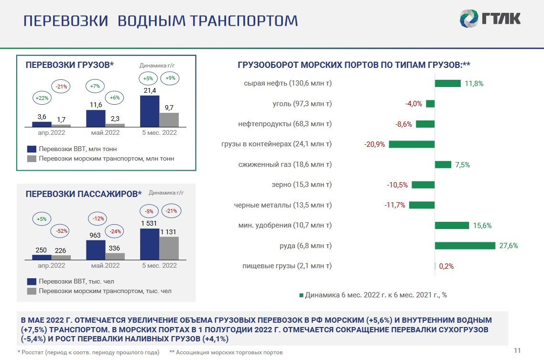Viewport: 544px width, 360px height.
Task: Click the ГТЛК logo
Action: pyautogui.click(x=490, y=18)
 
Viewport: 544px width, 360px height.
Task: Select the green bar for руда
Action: pyautogui.click(x=465, y=246)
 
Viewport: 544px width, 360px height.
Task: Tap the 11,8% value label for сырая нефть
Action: pyautogui.click(x=474, y=84)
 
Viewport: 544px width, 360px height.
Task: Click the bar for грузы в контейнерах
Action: pyautogui.click(x=412, y=144)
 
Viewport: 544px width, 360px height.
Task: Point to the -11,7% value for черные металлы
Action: pyautogui.click(x=395, y=205)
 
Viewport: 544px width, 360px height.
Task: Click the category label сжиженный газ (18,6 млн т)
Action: pyautogui.click(x=285, y=164)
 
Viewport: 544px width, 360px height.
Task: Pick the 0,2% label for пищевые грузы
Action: pyautogui.click(x=446, y=266)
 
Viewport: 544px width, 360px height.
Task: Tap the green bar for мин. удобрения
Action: pyautogui.click(x=452, y=226)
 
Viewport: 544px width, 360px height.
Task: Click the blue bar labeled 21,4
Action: pyautogui.click(x=150, y=111)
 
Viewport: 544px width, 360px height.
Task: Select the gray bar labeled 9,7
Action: pyautogui.click(x=169, y=120)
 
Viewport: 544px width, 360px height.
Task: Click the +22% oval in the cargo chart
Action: pyautogui.click(x=42, y=98)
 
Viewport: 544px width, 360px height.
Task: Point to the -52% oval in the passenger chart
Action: pyautogui.click(x=61, y=231)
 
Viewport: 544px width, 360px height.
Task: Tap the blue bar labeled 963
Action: pyautogui.click(x=96, y=250)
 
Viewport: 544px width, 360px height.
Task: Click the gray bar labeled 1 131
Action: pyautogui.click(x=169, y=248)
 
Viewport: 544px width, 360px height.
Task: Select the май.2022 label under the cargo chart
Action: pyautogui.click(x=105, y=132)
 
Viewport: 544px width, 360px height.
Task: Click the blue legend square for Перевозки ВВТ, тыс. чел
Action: pyautogui.click(x=32, y=282)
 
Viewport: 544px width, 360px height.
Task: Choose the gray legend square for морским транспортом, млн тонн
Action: pyautogui.click(x=32, y=159)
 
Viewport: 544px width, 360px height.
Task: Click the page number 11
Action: pyautogui.click(x=517, y=350)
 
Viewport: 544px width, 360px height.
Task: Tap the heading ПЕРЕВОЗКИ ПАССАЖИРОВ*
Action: pyautogui.click(x=84, y=194)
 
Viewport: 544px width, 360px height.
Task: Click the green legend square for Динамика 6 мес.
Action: pyautogui.click(x=302, y=295)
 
